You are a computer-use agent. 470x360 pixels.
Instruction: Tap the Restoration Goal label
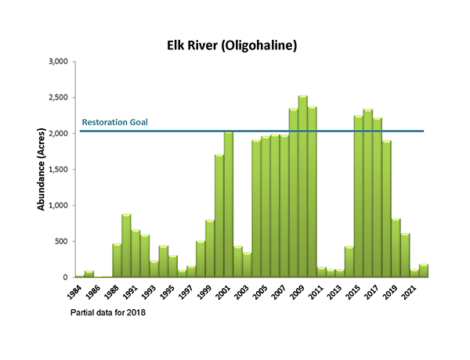115,122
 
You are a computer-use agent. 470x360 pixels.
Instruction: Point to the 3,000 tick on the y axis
60,61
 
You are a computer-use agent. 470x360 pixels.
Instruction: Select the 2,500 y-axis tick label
60,97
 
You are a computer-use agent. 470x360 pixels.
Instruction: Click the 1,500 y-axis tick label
60,169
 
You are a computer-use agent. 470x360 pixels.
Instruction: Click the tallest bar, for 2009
303,188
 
